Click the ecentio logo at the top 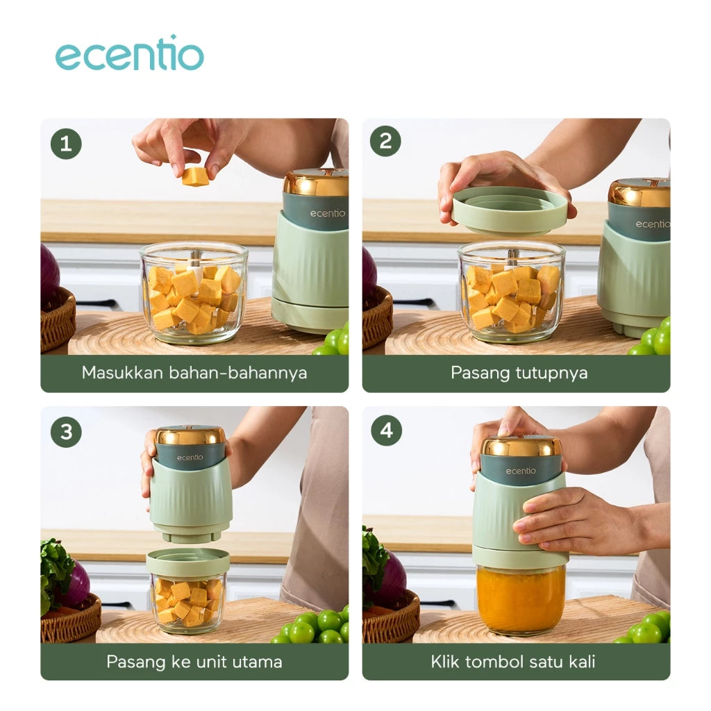(x=129, y=54)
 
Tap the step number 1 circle (x=66, y=144)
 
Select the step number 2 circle (x=385, y=142)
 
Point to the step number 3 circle (x=66, y=431)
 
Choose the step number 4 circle (x=386, y=430)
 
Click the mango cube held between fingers (x=195, y=176)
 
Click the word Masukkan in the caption (x=122, y=373)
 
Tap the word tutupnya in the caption (x=551, y=373)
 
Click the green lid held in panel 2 (x=510, y=210)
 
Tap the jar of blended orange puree (x=521, y=599)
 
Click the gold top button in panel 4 (x=521, y=445)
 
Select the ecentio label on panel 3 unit (x=190, y=457)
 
